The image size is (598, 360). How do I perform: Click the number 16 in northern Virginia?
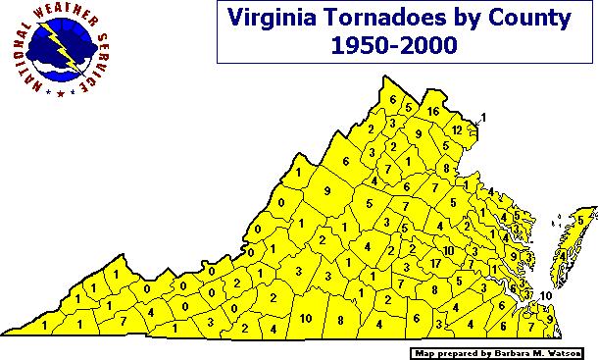432,111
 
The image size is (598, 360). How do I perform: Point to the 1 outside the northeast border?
483,119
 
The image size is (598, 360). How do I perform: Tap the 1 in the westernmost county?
45,323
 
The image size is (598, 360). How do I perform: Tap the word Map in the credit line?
422,351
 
